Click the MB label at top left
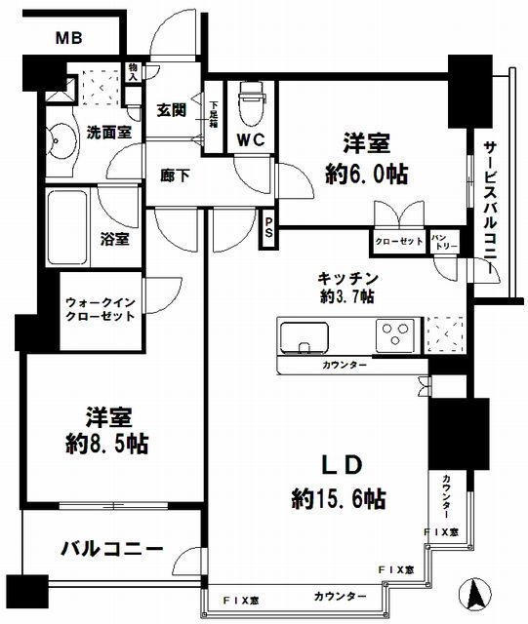(x=67, y=38)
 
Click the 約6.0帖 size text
(x=366, y=174)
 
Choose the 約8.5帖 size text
(x=107, y=443)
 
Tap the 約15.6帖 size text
(x=337, y=498)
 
